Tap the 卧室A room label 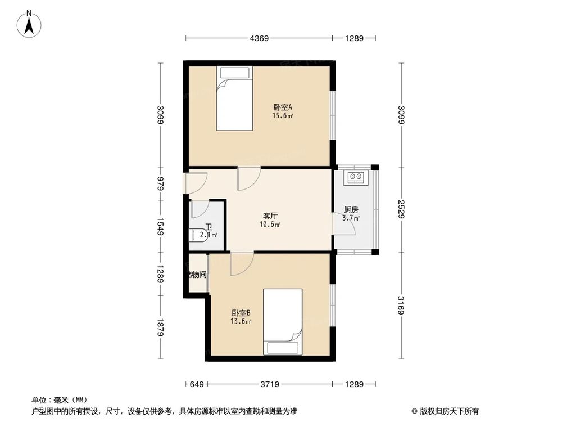click(x=282, y=107)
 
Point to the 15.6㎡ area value click(x=282, y=116)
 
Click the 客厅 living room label click(x=271, y=216)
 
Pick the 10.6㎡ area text click(x=271, y=225)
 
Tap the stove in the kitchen click(x=356, y=177)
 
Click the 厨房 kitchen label click(x=352, y=210)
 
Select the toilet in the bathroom click(x=197, y=235)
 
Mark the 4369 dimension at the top click(x=259, y=38)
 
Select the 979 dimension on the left click(x=161, y=184)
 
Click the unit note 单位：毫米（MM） click(x=56, y=400)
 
